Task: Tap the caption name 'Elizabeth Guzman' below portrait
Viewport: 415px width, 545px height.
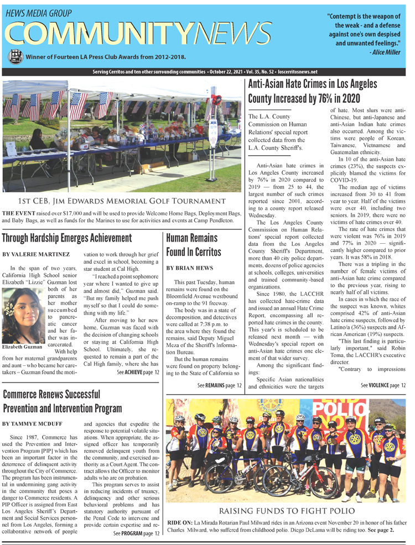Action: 23,347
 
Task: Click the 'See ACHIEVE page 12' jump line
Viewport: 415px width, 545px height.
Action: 138,372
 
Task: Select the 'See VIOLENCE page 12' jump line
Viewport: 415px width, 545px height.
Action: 383,385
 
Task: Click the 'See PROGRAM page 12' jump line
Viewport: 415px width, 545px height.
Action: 136,533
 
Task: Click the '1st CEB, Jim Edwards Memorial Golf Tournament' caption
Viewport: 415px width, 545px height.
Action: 121,200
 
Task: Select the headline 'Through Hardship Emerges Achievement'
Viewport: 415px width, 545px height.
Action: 67,238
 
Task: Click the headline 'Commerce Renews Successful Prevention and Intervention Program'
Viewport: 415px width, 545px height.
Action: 63,401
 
